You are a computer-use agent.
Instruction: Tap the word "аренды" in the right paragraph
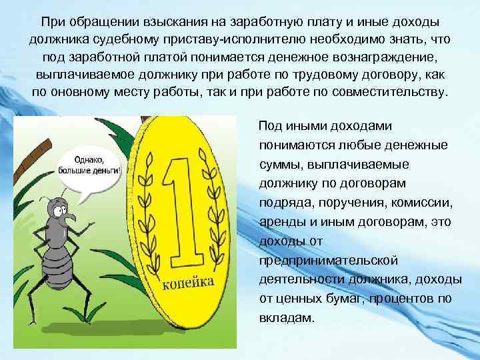(281, 221)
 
